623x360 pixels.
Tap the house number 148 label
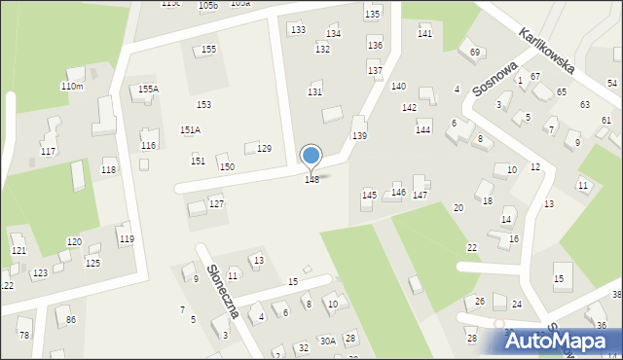(x=312, y=180)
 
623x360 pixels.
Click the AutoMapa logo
(x=558, y=341)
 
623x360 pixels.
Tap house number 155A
(x=148, y=90)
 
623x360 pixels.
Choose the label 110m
(x=72, y=87)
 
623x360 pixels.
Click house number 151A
(x=190, y=129)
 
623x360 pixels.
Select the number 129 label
(x=264, y=149)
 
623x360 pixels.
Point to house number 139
(x=359, y=135)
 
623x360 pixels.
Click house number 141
(x=424, y=34)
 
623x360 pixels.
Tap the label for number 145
(x=369, y=196)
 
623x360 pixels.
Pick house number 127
(x=217, y=203)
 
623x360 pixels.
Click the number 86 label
(x=70, y=319)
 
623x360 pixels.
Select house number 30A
(x=328, y=341)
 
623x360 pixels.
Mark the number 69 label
(x=475, y=53)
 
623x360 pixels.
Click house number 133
(x=298, y=30)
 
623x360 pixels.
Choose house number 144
(x=422, y=129)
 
